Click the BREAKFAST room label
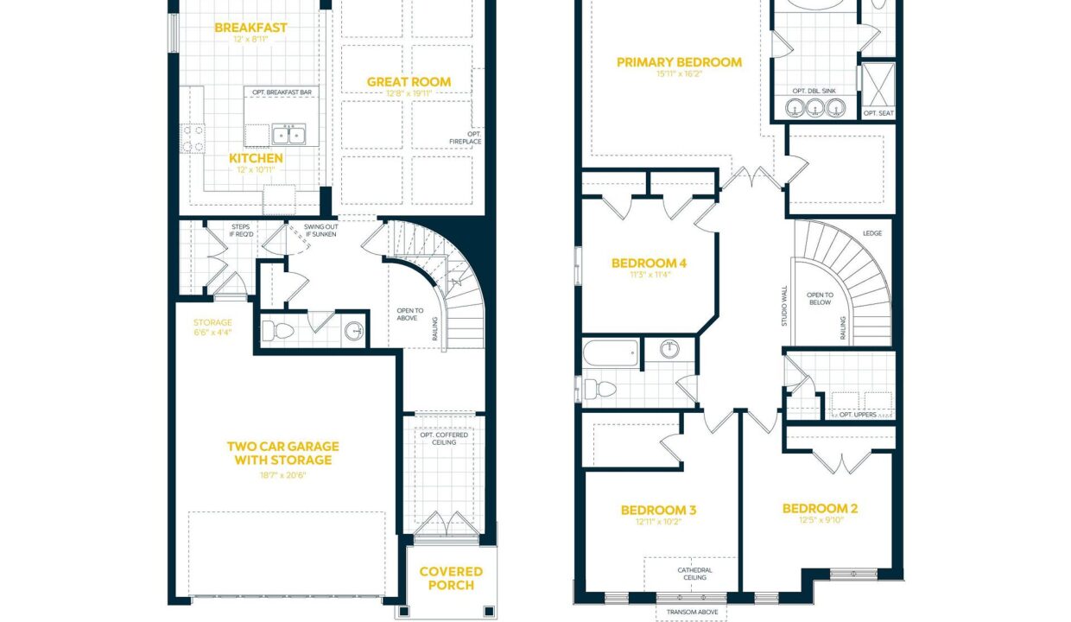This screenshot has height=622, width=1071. [x=250, y=28]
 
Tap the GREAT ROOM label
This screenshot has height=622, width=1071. [x=409, y=82]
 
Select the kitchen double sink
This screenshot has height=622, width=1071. [x=288, y=135]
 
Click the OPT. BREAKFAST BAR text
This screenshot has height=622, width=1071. [x=282, y=92]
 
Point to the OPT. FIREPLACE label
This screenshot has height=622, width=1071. [x=466, y=137]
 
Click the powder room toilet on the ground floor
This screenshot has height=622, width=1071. [x=278, y=330]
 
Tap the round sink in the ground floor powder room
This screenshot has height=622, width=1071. [x=354, y=330]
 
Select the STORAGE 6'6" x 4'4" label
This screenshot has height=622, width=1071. [x=212, y=327]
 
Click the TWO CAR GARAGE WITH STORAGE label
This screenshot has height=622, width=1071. [x=283, y=454]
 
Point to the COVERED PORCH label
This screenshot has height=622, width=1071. [x=451, y=579]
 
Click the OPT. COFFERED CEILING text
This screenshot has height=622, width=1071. [x=444, y=438]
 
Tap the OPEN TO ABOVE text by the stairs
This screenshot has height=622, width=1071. [x=409, y=314]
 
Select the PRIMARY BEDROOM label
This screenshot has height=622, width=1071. [x=680, y=62]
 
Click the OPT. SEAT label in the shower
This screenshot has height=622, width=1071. [x=878, y=113]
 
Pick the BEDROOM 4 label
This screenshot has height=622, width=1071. [x=649, y=263]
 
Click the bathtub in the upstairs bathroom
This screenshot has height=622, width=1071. [x=611, y=353]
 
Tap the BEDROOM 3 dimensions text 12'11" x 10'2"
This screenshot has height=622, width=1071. [x=658, y=522]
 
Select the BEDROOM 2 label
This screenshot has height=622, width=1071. [x=820, y=508]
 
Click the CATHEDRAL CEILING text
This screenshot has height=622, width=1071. [x=694, y=574]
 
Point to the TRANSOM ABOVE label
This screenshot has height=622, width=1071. [x=693, y=612]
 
